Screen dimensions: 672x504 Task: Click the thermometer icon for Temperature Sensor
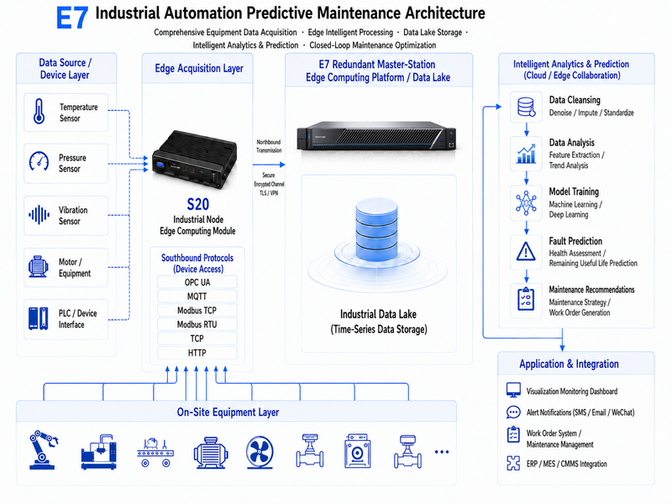point(39,112)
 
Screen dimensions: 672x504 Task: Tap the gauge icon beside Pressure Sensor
point(39,161)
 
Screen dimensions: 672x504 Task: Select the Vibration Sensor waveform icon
point(39,215)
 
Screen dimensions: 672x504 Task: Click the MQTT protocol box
point(197,297)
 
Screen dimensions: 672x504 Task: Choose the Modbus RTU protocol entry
point(197,324)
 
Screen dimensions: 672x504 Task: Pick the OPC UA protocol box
point(197,282)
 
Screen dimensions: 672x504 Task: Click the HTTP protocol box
point(197,353)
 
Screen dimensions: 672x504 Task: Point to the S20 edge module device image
point(194,160)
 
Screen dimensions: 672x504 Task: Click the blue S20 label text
point(198,204)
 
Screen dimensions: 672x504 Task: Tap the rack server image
point(376,136)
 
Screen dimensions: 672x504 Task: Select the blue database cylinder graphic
point(376,229)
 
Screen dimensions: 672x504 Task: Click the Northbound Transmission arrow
point(269,165)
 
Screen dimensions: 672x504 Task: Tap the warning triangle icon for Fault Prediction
point(526,251)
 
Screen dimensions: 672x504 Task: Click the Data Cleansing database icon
point(527,107)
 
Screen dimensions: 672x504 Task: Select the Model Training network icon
point(526,202)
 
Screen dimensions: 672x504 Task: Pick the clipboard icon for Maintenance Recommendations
point(526,299)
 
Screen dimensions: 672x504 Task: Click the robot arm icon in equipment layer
point(43,450)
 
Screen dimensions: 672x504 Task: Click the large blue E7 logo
point(72,18)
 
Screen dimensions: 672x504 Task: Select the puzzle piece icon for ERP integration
point(513,464)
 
